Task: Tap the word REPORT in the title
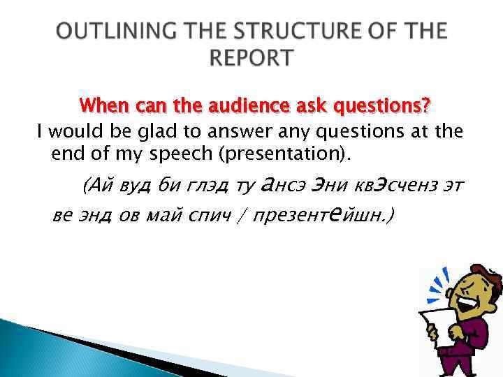point(251,59)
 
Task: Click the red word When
point(103,107)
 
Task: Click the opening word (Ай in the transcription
point(96,184)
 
